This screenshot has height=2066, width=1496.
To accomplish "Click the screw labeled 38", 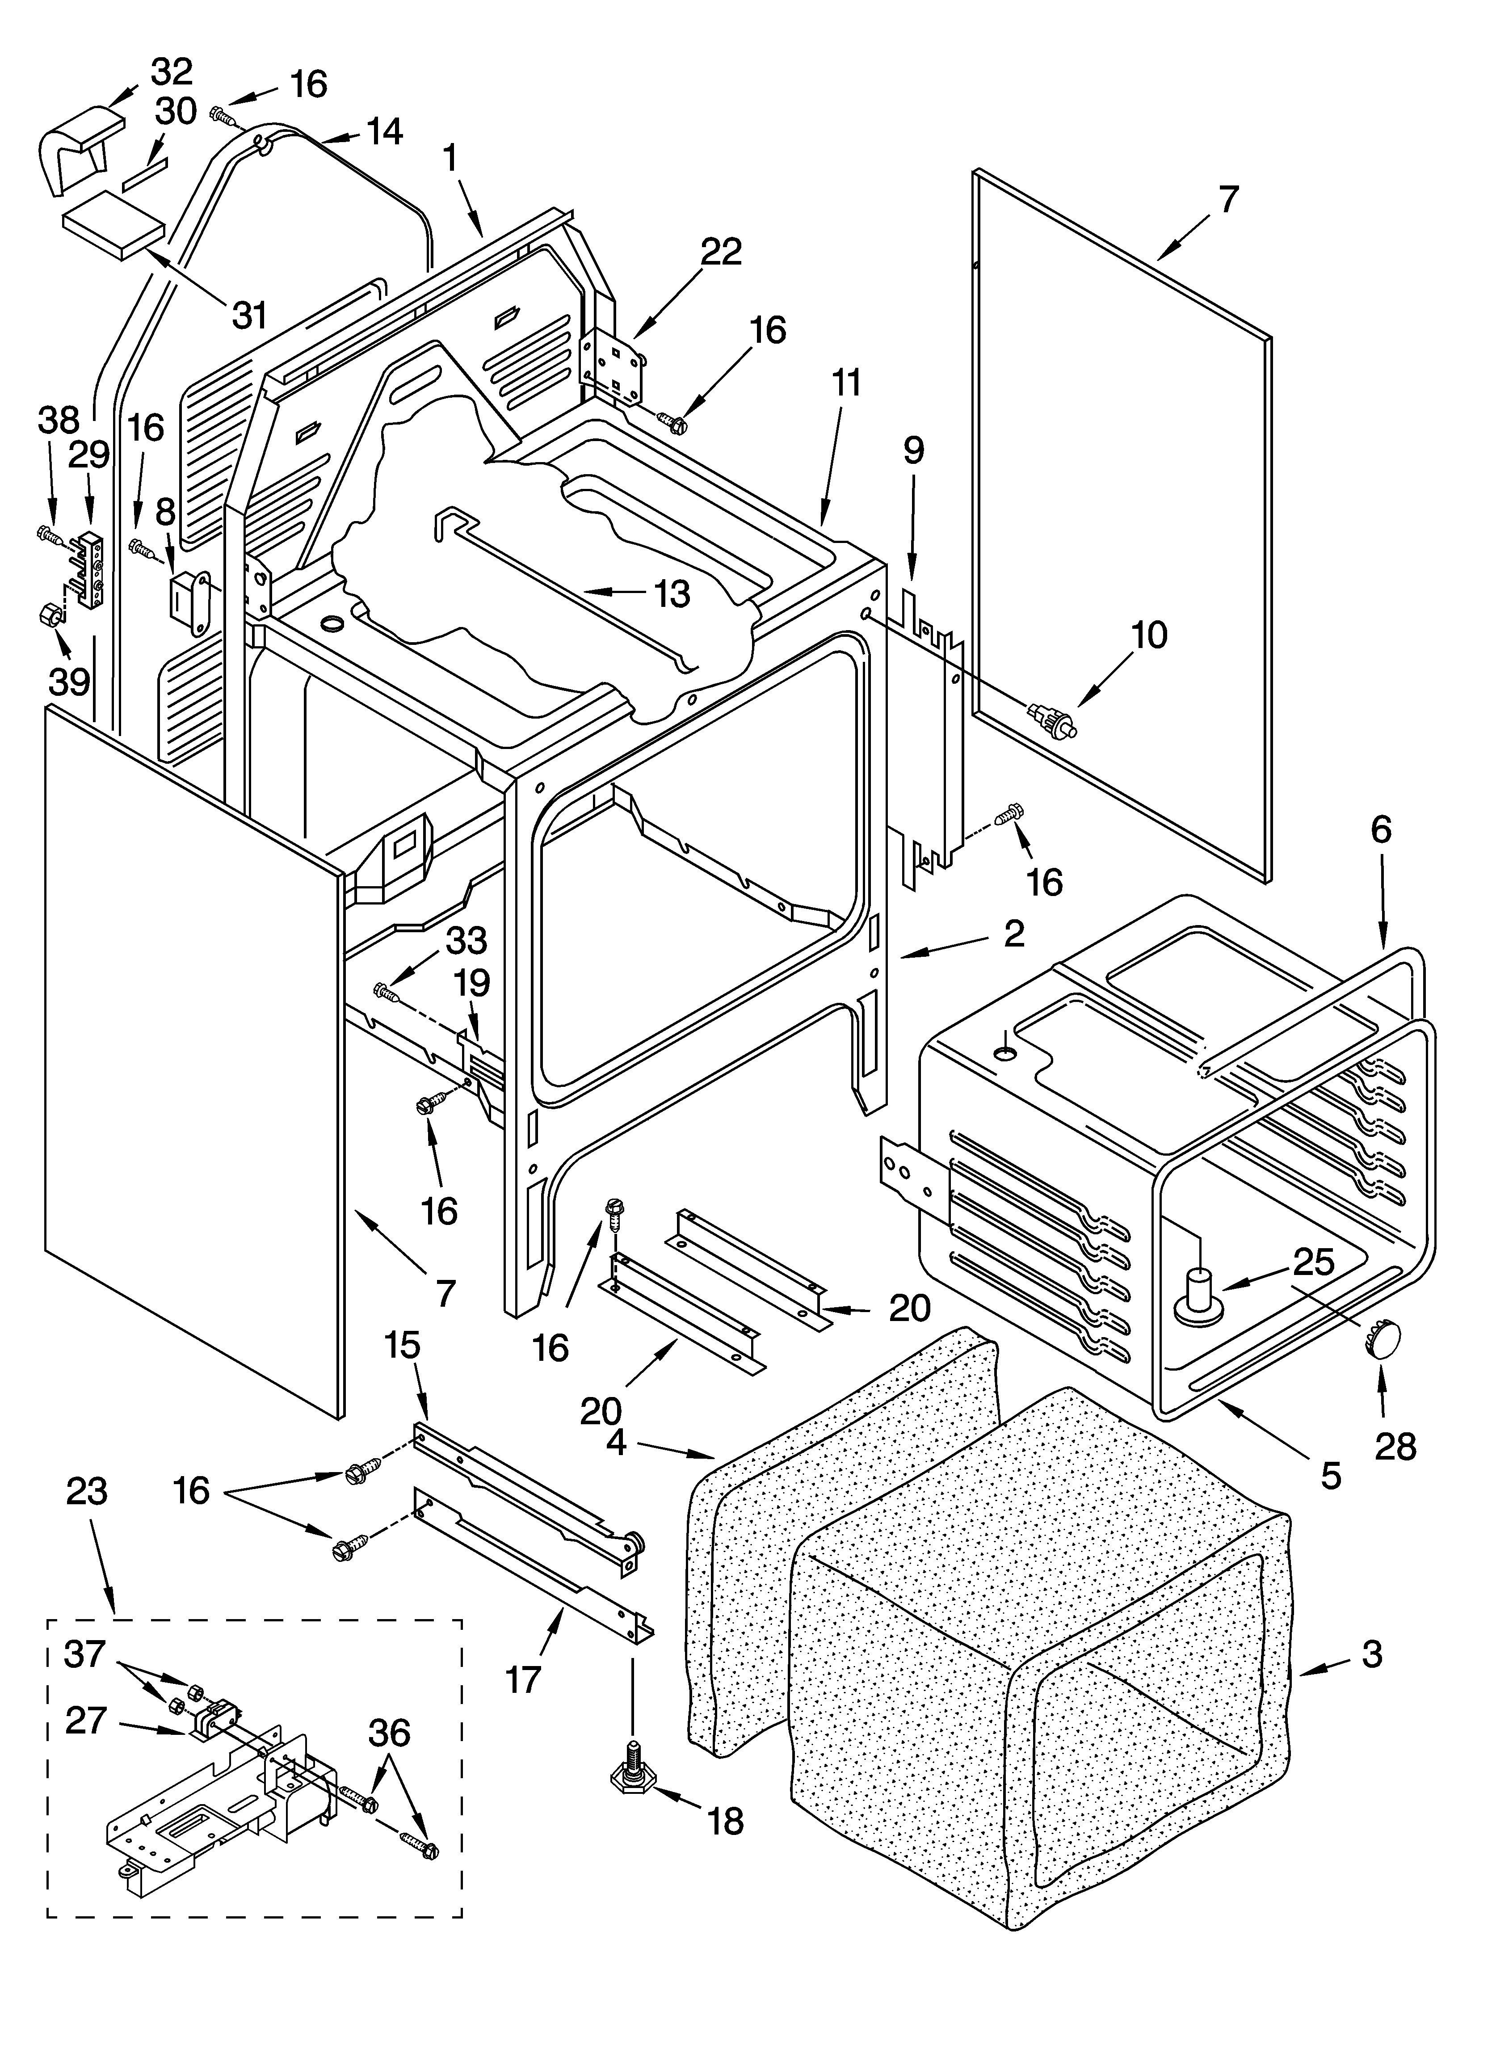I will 48,533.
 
